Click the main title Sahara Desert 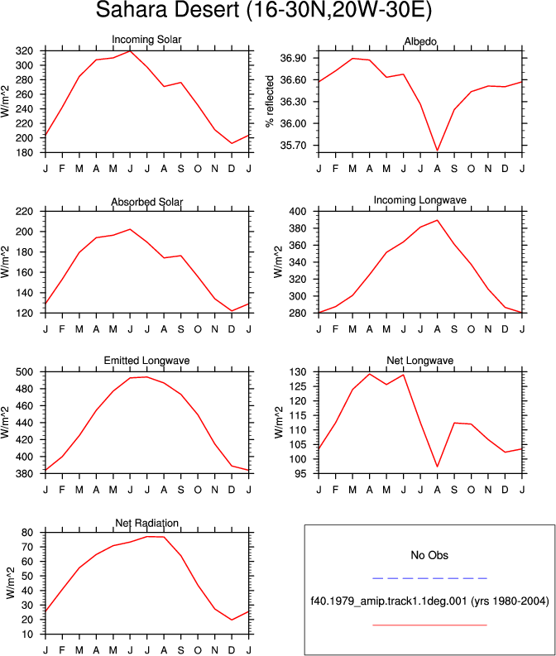coord(167,9)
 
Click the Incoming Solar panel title coord(146,40)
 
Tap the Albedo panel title coord(420,41)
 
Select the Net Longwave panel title coord(420,361)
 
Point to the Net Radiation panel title coord(146,523)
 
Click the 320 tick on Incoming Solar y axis coord(24,51)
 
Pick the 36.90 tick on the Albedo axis coord(293,58)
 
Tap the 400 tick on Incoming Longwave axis coord(298,212)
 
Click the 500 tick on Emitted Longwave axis coord(24,372)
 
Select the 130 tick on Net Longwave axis coord(298,372)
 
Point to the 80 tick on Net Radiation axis coord(27,533)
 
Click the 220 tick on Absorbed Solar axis coord(24,212)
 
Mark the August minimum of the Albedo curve coord(437,151)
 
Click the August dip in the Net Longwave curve coord(437,467)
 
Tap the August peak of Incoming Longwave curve coord(437,220)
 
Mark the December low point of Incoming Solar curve coord(232,143)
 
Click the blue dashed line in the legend coord(429,578)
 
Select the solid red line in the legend coord(429,625)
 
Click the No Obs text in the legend coord(429,555)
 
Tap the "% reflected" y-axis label coord(270,101)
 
